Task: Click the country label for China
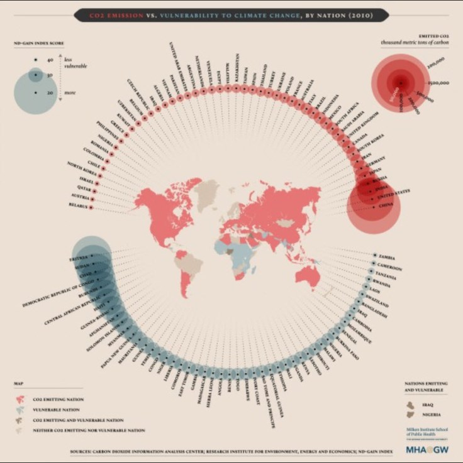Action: [387, 205]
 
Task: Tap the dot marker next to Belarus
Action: [92, 206]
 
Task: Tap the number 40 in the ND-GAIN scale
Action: [49, 60]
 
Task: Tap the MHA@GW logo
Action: [427, 450]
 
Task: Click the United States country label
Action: [392, 194]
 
